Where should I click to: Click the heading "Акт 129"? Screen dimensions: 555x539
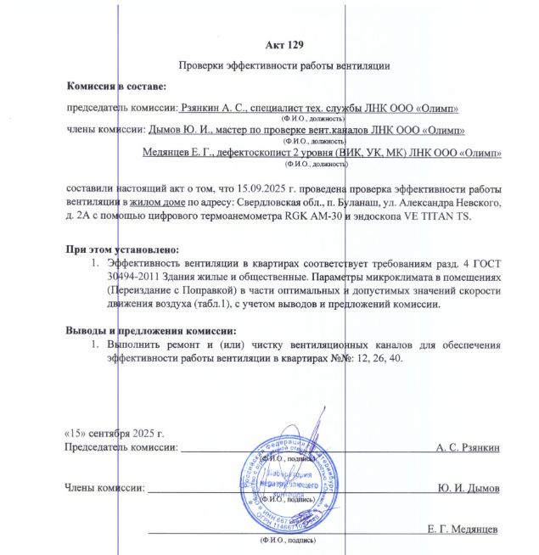click(284, 44)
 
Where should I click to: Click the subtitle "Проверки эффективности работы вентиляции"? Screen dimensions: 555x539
click(284, 65)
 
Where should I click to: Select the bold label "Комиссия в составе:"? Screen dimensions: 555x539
click(116, 87)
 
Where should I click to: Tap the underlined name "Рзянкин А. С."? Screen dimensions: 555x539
click(216, 109)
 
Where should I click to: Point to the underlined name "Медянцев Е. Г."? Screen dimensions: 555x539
click(177, 153)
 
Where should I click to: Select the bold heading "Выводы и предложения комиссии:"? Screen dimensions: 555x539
click(150, 331)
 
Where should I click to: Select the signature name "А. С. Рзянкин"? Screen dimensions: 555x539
click(467, 446)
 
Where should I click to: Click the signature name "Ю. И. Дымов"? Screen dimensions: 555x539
click(469, 489)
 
